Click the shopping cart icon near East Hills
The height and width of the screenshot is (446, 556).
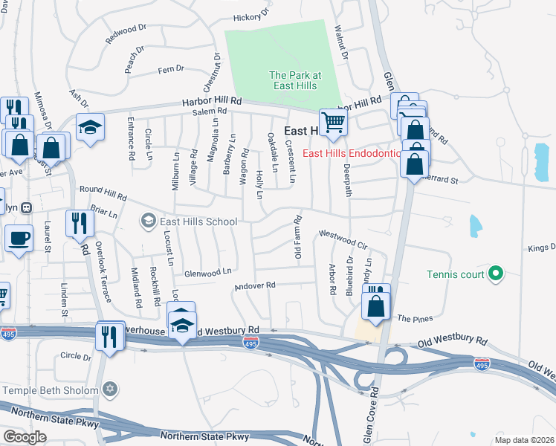pos(333,122)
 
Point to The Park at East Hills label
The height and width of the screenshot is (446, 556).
pos(294,80)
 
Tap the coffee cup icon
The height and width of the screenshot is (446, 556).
pos(18,238)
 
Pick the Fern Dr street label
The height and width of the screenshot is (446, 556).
pos(170,69)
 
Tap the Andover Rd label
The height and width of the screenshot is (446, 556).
pos(255,285)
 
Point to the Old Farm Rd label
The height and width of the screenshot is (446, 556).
pos(297,237)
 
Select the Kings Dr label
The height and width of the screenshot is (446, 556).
pos(542,248)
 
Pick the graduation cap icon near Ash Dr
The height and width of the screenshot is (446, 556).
pos(90,129)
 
